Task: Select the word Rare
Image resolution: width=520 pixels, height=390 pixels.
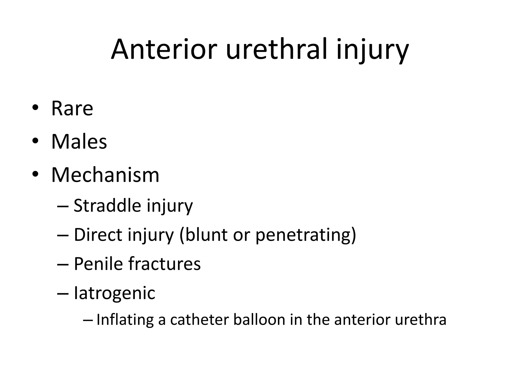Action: [x=72, y=108]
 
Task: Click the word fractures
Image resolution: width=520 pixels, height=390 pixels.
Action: [x=165, y=264]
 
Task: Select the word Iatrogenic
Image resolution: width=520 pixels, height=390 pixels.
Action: [x=114, y=293]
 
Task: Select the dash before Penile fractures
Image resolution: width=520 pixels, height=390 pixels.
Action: [x=63, y=264]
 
